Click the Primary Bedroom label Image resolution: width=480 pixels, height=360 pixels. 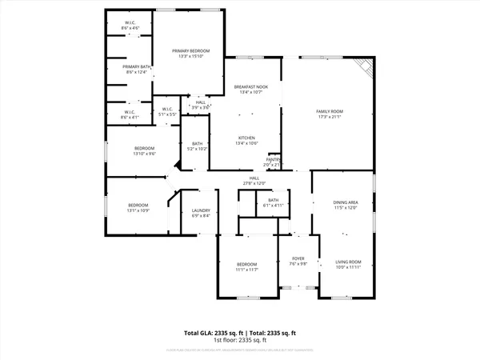click(x=190, y=50)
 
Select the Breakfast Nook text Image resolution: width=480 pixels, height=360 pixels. click(x=250, y=86)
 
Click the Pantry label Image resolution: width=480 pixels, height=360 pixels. click(x=274, y=159)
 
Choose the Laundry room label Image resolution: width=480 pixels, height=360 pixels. click(x=200, y=210)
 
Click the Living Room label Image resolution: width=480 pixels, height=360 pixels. click(x=348, y=262)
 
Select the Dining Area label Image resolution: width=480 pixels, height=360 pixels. click(x=346, y=202)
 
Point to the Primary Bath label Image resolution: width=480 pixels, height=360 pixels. click(x=136, y=66)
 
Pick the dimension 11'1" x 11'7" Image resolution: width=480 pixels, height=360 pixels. click(x=246, y=270)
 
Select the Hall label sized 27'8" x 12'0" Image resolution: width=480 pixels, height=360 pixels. click(x=254, y=178)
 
